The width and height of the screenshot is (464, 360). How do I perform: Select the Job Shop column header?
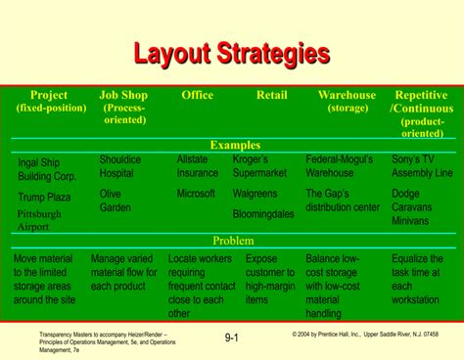point(123,107)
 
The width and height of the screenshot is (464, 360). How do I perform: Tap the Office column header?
point(197,95)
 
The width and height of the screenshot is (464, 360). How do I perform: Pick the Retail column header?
point(271,95)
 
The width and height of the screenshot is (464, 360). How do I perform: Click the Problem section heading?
point(233,241)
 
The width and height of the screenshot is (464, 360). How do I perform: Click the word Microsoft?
point(196,194)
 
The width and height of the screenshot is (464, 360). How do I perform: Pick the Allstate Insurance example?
point(198,165)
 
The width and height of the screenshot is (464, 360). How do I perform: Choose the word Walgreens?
point(255,194)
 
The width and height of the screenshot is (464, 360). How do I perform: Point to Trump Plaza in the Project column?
point(44,197)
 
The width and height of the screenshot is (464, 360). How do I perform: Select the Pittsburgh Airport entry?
point(39,220)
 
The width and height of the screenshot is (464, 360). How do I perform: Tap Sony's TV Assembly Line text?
point(422,165)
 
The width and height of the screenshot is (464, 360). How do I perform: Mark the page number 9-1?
point(232,338)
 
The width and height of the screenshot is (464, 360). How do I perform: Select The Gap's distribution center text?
point(343,201)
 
